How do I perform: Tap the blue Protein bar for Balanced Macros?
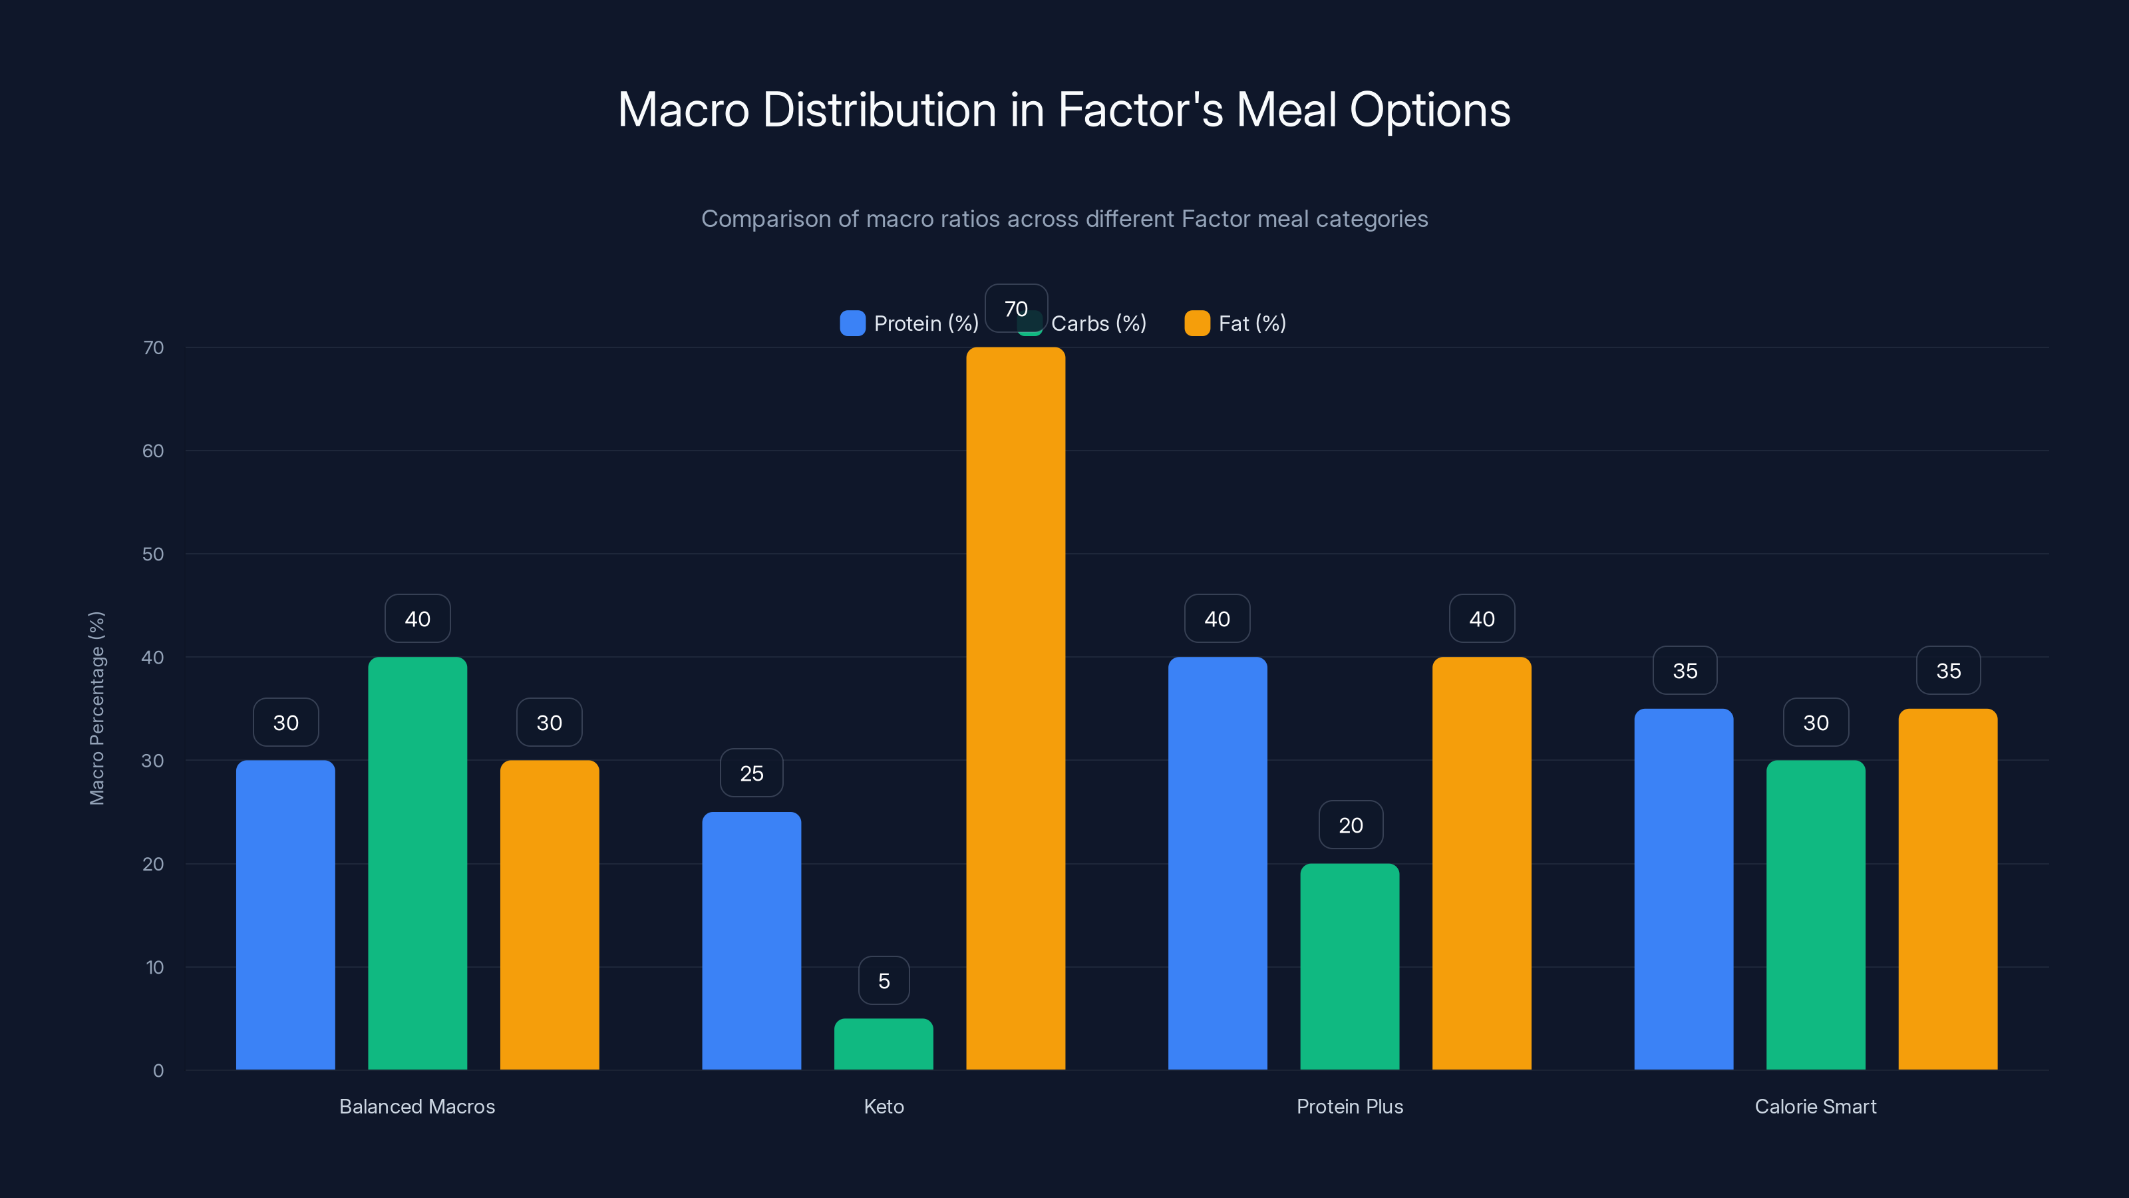pos(285,914)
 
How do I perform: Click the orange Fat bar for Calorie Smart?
pos(1947,889)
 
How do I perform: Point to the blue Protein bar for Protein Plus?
pos(1218,863)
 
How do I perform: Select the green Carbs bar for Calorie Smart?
pos(1815,914)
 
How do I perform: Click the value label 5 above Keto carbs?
pos(884,980)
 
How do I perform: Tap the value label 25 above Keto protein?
pos(751,773)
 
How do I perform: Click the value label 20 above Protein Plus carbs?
pos(1350,825)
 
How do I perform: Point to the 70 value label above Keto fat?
pos(1016,308)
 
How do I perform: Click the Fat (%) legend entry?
pos(1235,323)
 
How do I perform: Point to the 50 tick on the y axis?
pos(153,554)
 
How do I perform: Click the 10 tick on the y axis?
pos(154,967)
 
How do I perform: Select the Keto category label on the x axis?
pos(884,1106)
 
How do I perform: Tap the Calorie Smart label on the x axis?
pos(1815,1106)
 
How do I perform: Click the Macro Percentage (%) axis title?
pos(96,707)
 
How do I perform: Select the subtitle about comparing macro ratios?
pos(1064,219)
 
